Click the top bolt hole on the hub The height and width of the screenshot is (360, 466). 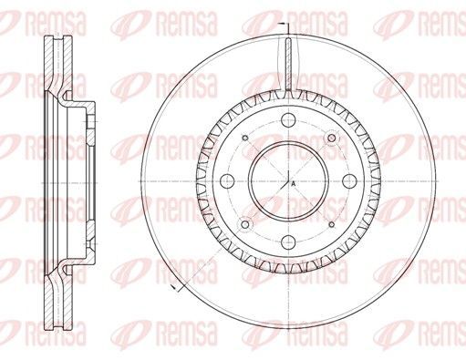pos(288,120)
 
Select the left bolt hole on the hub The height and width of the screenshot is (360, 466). pos(227,181)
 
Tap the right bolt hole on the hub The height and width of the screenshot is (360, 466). pos(349,181)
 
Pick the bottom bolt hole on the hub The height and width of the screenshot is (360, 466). pos(288,242)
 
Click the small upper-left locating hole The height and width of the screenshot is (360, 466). pos(245,139)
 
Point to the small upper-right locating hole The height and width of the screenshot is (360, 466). pos(331,139)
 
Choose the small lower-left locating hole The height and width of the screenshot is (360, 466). pos(245,224)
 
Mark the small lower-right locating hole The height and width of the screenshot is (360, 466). pos(332,224)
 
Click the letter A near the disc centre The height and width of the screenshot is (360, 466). pos(294,183)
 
